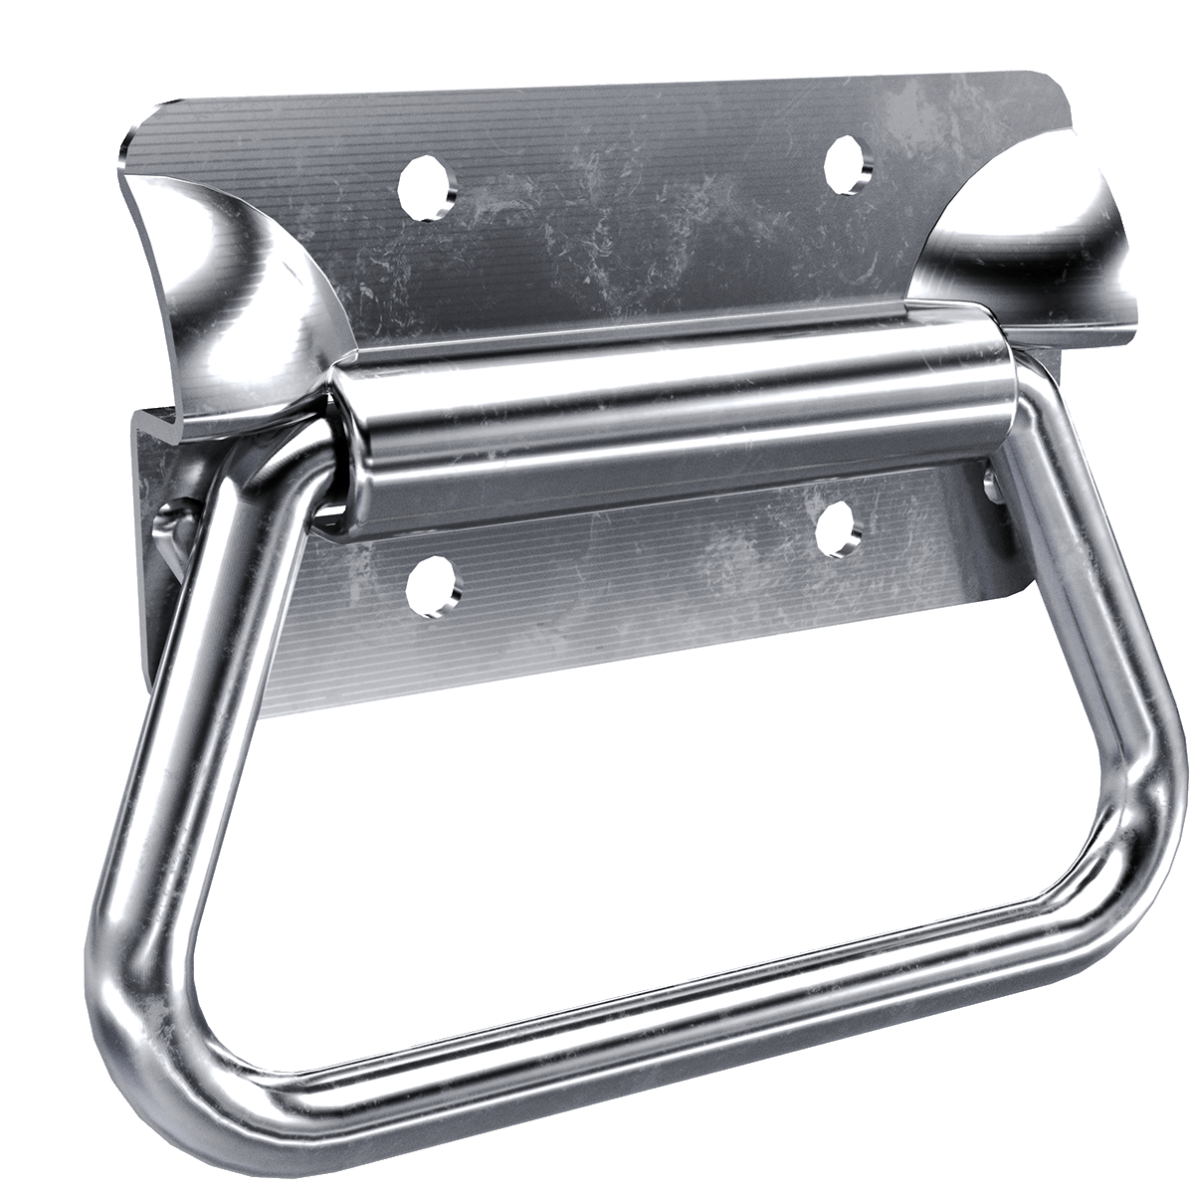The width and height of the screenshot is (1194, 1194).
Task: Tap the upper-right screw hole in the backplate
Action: coord(845,162)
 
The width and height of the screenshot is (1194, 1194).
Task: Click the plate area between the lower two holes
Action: coord(637,567)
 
